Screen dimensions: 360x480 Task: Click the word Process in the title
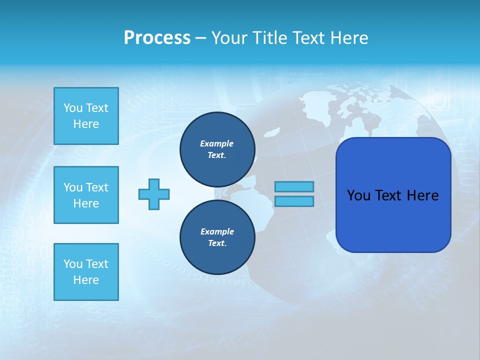click(157, 37)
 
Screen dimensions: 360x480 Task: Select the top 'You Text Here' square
click(86, 116)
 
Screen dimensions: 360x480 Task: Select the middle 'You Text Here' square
click(86, 195)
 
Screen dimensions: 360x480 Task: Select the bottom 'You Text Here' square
click(86, 272)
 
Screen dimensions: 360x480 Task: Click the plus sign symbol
click(154, 194)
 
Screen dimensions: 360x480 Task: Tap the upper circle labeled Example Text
click(217, 149)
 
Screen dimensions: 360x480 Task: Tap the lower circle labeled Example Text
click(217, 237)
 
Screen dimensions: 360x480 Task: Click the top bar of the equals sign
click(294, 186)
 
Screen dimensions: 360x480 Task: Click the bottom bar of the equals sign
click(294, 201)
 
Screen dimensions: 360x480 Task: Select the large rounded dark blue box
click(393, 195)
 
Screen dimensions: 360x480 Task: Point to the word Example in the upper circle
click(216, 143)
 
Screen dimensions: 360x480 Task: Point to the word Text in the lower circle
click(216, 243)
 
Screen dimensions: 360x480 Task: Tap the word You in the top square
click(73, 108)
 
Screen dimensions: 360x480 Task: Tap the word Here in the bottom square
click(86, 280)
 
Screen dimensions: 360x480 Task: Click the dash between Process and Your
click(200, 38)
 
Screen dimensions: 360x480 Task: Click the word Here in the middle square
click(86, 203)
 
